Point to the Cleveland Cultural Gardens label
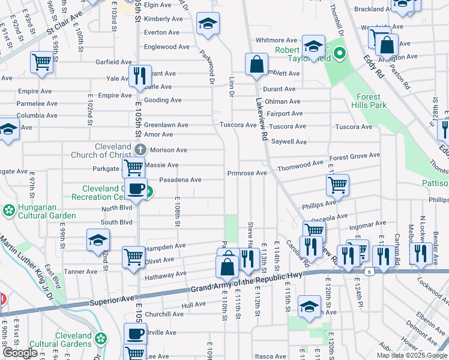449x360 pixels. tap(73, 340)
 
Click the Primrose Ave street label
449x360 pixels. tap(247, 173)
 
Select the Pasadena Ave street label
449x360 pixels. tap(180, 180)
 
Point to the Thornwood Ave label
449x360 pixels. tap(301, 164)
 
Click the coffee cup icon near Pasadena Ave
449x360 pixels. tap(136, 189)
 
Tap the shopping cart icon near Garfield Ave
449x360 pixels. tap(42, 61)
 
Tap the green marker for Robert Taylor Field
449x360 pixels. tap(339, 54)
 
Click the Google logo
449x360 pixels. tap(20, 353)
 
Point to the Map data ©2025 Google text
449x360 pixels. tap(411, 355)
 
